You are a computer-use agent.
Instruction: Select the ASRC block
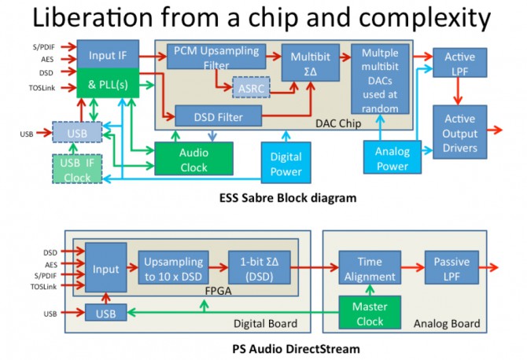[249, 86]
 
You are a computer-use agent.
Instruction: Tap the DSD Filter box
[217, 117]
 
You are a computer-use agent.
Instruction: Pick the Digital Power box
[286, 164]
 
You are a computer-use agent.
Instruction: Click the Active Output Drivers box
[460, 131]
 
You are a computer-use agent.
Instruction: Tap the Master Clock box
[369, 314]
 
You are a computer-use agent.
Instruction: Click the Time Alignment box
[369, 269]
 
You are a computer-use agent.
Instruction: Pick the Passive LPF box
[451, 269]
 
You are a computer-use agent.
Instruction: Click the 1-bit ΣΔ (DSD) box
[259, 269]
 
